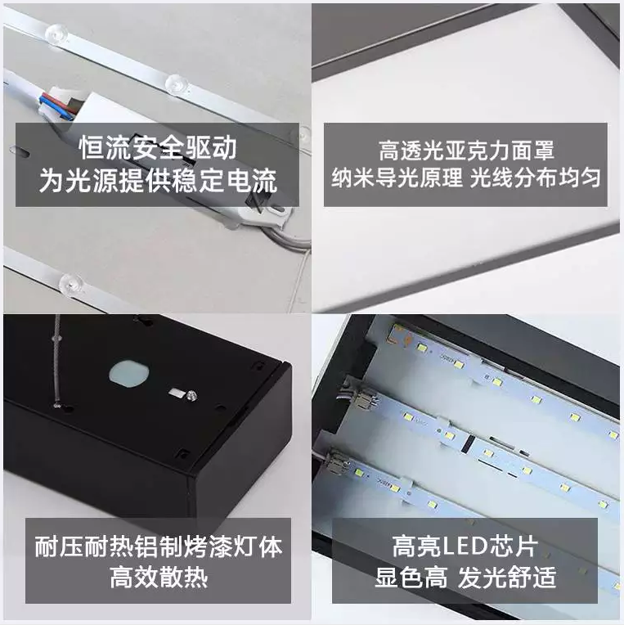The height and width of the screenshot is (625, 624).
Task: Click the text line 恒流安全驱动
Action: coord(158,148)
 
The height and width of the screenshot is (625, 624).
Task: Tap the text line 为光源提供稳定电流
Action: coord(158,181)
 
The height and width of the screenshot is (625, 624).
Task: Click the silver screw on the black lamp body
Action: coord(191,395)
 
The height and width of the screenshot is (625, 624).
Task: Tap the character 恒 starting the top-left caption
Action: coord(92,148)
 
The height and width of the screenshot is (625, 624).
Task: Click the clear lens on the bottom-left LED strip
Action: coord(71,285)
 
